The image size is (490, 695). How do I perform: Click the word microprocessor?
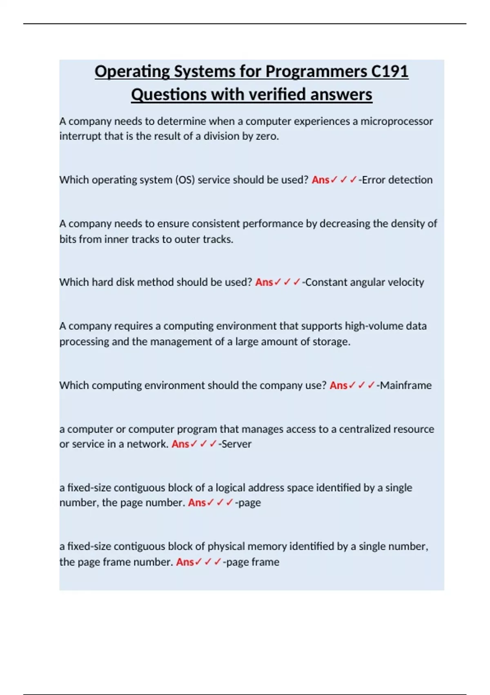click(396, 121)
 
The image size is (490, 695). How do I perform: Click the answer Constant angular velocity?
click(365, 282)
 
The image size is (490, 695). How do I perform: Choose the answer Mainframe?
click(405, 385)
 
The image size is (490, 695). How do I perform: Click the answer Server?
click(236, 444)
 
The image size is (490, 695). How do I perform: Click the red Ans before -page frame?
click(185, 562)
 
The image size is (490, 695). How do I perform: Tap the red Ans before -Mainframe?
click(339, 385)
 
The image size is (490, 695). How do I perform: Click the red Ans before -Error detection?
click(321, 180)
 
